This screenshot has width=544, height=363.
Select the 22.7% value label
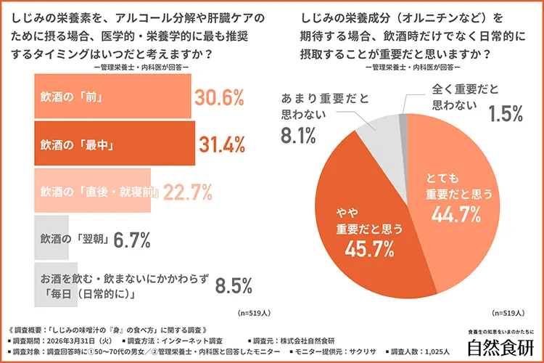(x=187, y=192)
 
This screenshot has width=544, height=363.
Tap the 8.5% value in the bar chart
(x=233, y=284)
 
